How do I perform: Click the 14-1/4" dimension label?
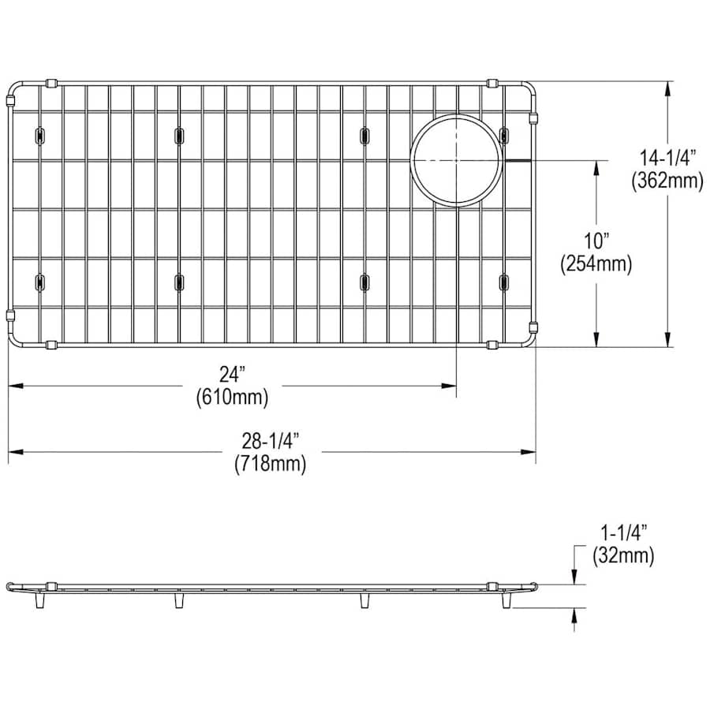point(667,159)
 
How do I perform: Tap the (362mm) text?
point(667,181)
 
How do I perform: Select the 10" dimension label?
point(596,241)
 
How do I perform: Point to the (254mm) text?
point(596,263)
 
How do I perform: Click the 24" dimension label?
point(232,375)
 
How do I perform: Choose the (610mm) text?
point(232,397)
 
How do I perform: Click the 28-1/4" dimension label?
point(271,441)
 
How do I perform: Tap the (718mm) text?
point(271,464)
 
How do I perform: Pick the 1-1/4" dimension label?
point(623,532)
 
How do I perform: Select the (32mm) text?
point(623,555)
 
